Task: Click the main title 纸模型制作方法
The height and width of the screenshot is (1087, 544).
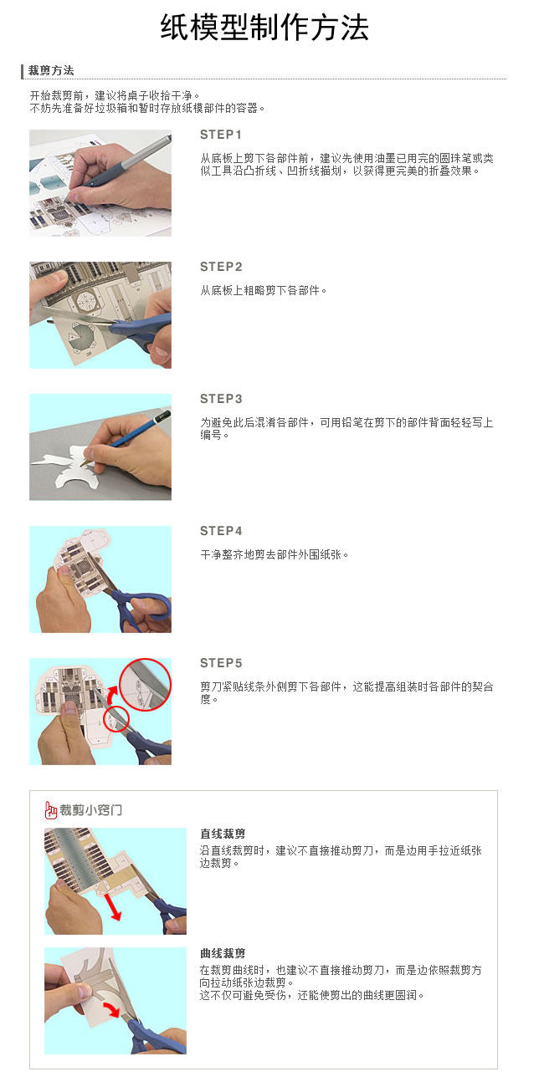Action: (264, 27)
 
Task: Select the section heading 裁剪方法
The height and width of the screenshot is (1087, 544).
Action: (51, 70)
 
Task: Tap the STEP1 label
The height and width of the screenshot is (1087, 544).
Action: (220, 135)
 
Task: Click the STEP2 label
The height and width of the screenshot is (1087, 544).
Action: (221, 267)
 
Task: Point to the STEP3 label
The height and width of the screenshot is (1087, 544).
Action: (221, 398)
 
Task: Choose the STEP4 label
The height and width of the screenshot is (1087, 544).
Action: (221, 531)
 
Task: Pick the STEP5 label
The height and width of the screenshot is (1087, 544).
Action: (221, 663)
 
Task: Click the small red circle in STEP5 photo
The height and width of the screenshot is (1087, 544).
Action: (115, 719)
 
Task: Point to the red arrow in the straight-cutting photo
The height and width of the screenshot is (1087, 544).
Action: (113, 906)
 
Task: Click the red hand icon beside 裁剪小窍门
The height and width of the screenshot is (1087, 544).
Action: (50, 810)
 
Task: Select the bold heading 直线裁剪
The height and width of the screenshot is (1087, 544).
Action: (223, 834)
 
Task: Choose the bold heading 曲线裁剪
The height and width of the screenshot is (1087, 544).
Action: (223, 953)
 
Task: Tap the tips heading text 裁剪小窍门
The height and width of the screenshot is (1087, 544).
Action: (91, 810)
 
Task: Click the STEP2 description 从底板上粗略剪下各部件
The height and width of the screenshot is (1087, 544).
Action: (263, 290)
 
